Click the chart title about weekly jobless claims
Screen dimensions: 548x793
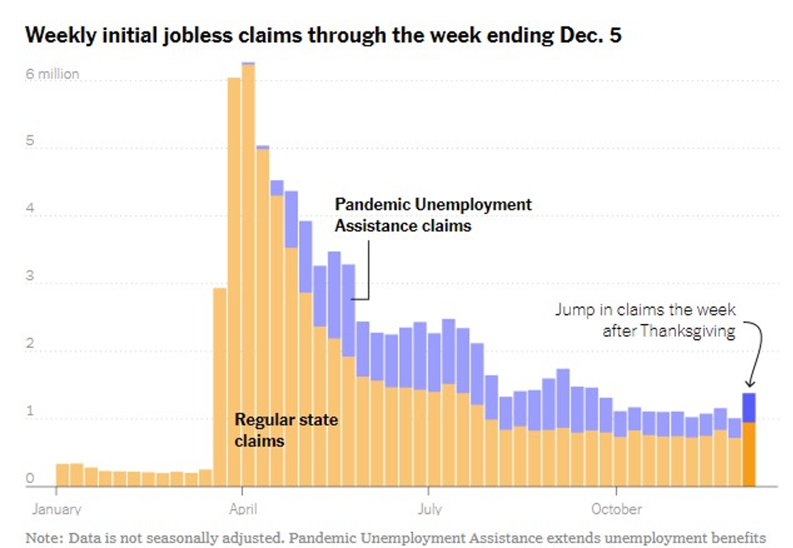(322, 36)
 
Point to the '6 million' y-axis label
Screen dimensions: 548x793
(53, 74)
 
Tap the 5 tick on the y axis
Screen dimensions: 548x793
(30, 142)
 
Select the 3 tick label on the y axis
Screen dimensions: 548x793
(30, 276)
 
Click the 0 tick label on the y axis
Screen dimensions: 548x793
(30, 479)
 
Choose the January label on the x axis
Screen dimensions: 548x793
(56, 509)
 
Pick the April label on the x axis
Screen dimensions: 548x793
(243, 509)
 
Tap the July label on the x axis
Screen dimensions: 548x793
(429, 509)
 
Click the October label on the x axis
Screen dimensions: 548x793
(616, 509)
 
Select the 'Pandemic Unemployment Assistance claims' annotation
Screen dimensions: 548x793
(433, 215)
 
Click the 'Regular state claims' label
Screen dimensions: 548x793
(286, 430)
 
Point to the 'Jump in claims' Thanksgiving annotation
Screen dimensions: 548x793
(645, 320)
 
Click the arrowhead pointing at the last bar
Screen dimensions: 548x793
(750, 384)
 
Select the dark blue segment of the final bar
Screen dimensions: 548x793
(748, 408)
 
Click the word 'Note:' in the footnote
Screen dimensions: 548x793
(42, 537)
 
